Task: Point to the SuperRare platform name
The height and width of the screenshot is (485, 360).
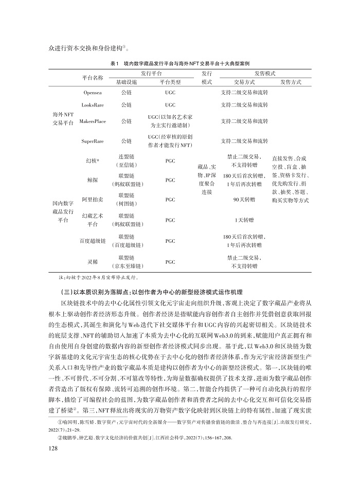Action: click(x=93, y=140)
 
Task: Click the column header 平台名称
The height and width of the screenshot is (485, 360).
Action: click(x=93, y=78)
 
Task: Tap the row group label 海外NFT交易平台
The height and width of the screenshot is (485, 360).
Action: click(x=63, y=117)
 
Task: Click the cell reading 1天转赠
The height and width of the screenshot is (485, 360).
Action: click(x=244, y=220)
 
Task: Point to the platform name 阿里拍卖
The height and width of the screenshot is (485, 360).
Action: click(x=93, y=199)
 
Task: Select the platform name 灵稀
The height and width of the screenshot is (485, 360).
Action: click(x=93, y=261)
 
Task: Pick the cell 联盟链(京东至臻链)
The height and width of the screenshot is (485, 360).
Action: click(x=126, y=261)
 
